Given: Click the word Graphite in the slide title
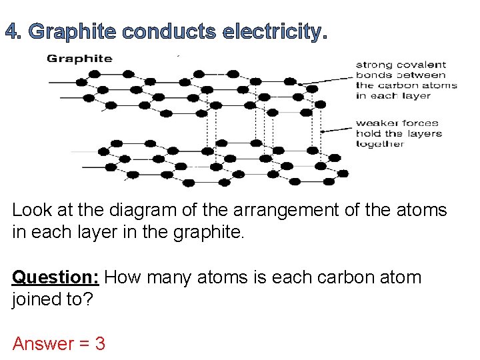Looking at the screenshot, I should (74, 31).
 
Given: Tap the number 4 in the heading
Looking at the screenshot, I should (12, 31).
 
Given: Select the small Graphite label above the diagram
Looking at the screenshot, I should (70, 58).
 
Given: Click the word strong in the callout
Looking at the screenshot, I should (373, 65).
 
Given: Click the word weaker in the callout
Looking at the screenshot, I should (377, 123).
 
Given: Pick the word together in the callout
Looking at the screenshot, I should (380, 143).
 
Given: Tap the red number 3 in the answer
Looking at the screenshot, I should (100, 344).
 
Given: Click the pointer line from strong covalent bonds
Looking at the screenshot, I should (327, 80).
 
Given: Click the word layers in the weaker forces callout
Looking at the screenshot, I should (425, 133).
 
